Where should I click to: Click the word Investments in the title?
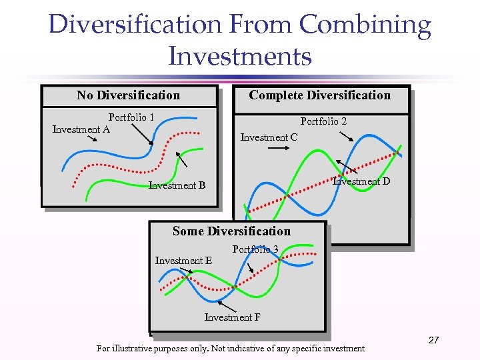coord(240,55)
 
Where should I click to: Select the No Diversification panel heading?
coord(128,95)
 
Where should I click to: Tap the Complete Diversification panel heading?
coord(319,95)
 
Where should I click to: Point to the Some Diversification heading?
coord(231,231)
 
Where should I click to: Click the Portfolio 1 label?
coord(131,117)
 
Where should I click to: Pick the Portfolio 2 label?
coord(323,121)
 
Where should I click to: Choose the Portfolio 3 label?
coord(255,249)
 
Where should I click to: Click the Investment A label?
coord(81,129)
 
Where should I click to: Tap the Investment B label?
coord(177,185)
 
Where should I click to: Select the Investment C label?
coord(269,137)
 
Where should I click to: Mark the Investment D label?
coord(361,181)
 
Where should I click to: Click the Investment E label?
coord(183,261)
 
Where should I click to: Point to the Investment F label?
coord(232,317)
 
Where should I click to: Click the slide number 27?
coord(433,341)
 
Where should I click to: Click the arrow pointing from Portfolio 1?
coord(142,135)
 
